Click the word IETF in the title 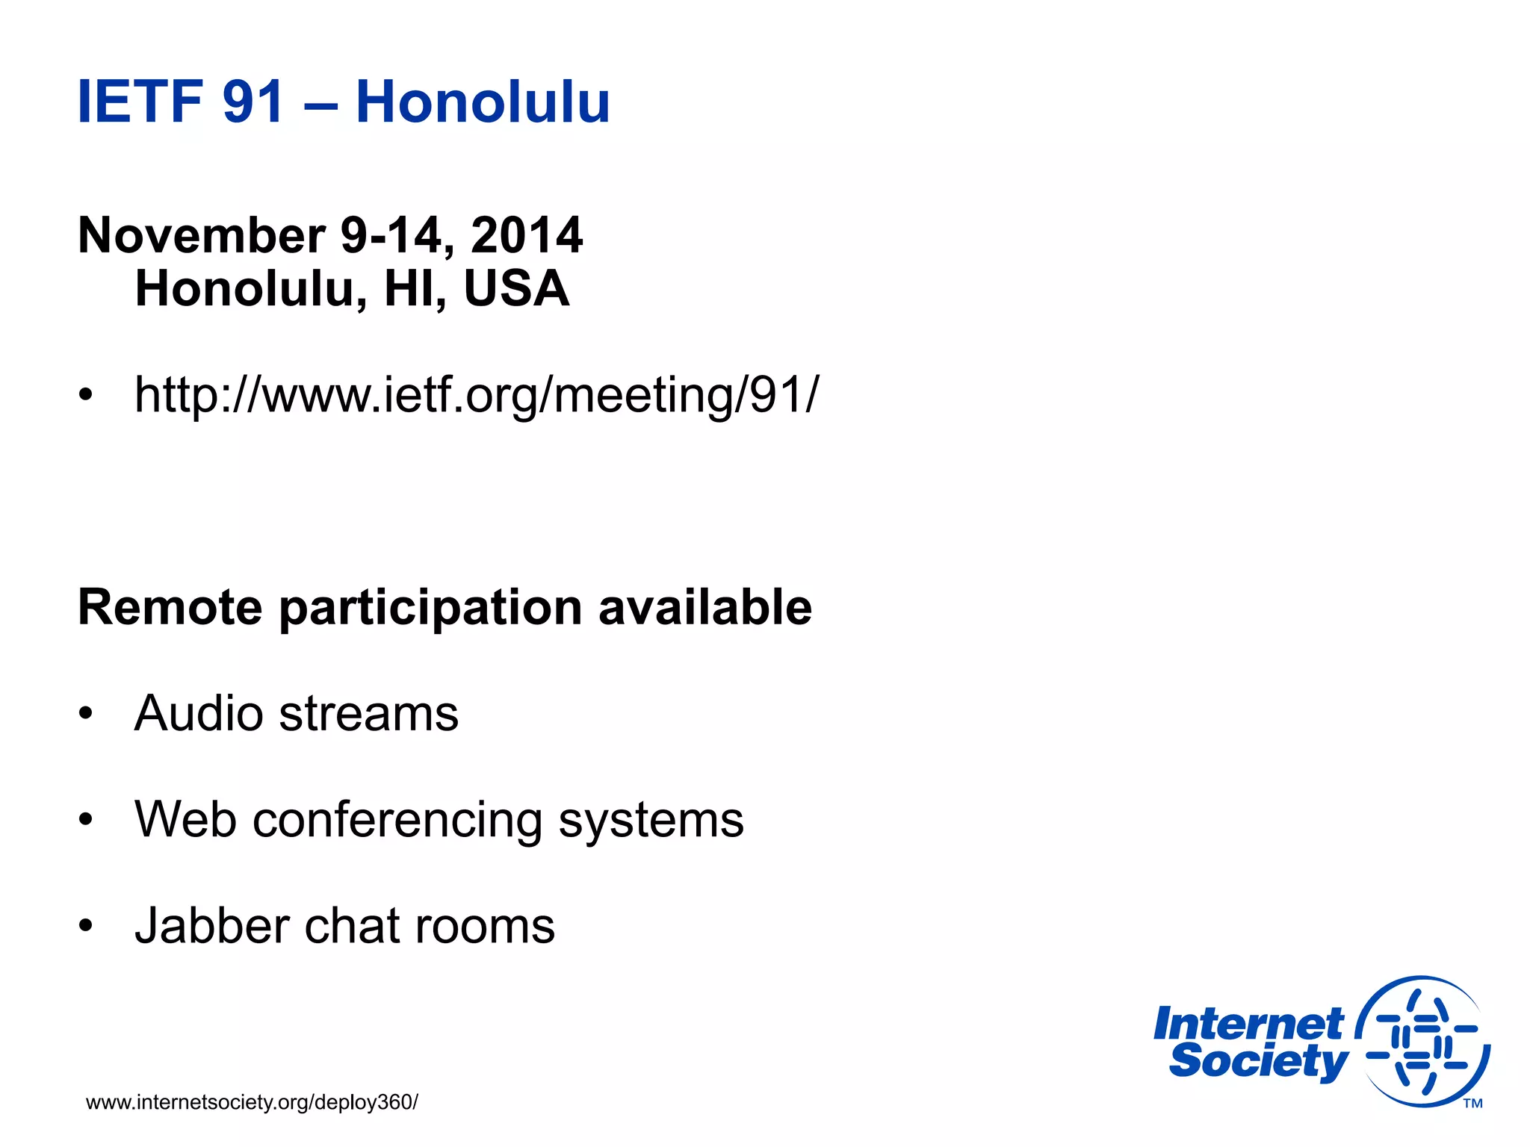(x=140, y=102)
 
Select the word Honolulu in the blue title (x=483, y=102)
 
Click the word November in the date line (x=202, y=236)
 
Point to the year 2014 (x=527, y=236)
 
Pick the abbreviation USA (x=516, y=289)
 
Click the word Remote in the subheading (x=170, y=606)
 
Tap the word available (x=705, y=606)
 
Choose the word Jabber (x=211, y=926)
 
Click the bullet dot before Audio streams (x=87, y=714)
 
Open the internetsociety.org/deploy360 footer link (x=252, y=1102)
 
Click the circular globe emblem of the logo (x=1422, y=1042)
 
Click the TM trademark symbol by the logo (x=1472, y=1104)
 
